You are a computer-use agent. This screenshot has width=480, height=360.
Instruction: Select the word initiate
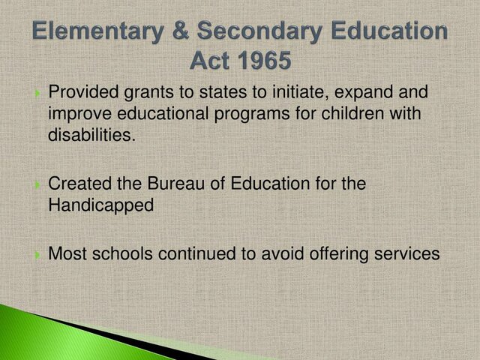coord(260,93)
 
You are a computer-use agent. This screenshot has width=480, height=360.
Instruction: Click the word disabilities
coord(83,135)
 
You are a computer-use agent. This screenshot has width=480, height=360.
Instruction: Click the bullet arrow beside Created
coord(37,184)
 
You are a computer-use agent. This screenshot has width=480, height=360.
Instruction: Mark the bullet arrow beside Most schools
coord(37,255)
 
